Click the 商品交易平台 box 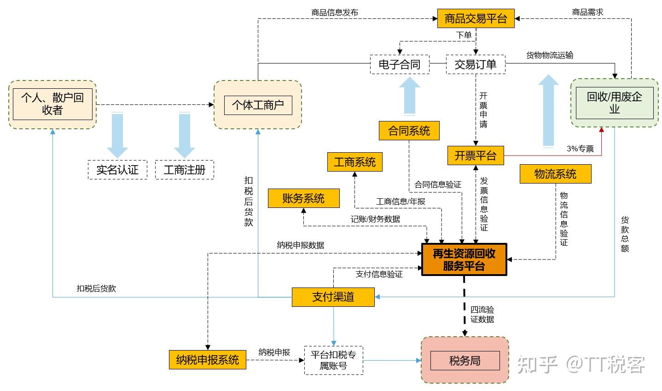click(x=476, y=19)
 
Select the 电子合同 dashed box click(x=400, y=64)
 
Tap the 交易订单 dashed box click(x=476, y=64)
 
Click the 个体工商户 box click(x=258, y=105)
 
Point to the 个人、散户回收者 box click(x=52, y=104)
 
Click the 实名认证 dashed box click(x=117, y=170)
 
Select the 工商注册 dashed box click(x=185, y=170)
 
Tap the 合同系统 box click(x=409, y=131)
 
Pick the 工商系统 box click(x=354, y=162)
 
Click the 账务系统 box click(x=303, y=198)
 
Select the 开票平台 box click(x=476, y=155)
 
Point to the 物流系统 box click(x=555, y=174)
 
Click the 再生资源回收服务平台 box click(x=464, y=259)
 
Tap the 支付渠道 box click(x=333, y=297)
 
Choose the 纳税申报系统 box click(x=208, y=359)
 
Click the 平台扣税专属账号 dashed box click(x=333, y=360)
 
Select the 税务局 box click(x=465, y=361)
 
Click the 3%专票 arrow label click(x=580, y=149)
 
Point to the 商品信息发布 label click(x=335, y=12)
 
